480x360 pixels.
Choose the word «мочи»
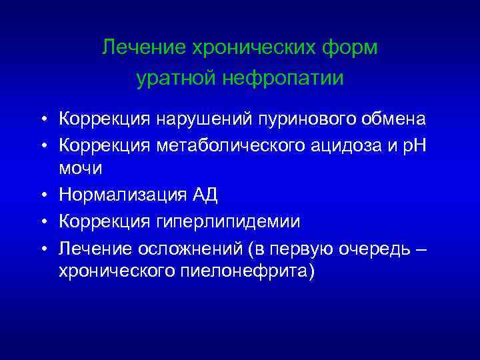(x=81, y=168)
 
